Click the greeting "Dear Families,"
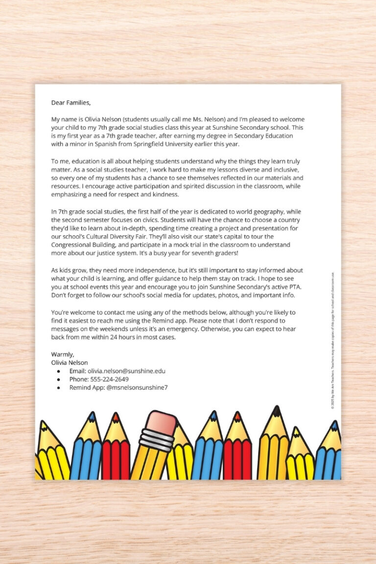[70, 103]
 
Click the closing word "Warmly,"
[62, 354]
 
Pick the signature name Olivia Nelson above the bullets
[70, 363]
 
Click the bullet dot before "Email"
[58, 372]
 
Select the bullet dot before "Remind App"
[58, 388]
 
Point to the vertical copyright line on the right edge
[333, 340]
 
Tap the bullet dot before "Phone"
[58, 379]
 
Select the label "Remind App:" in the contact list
[87, 388]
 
